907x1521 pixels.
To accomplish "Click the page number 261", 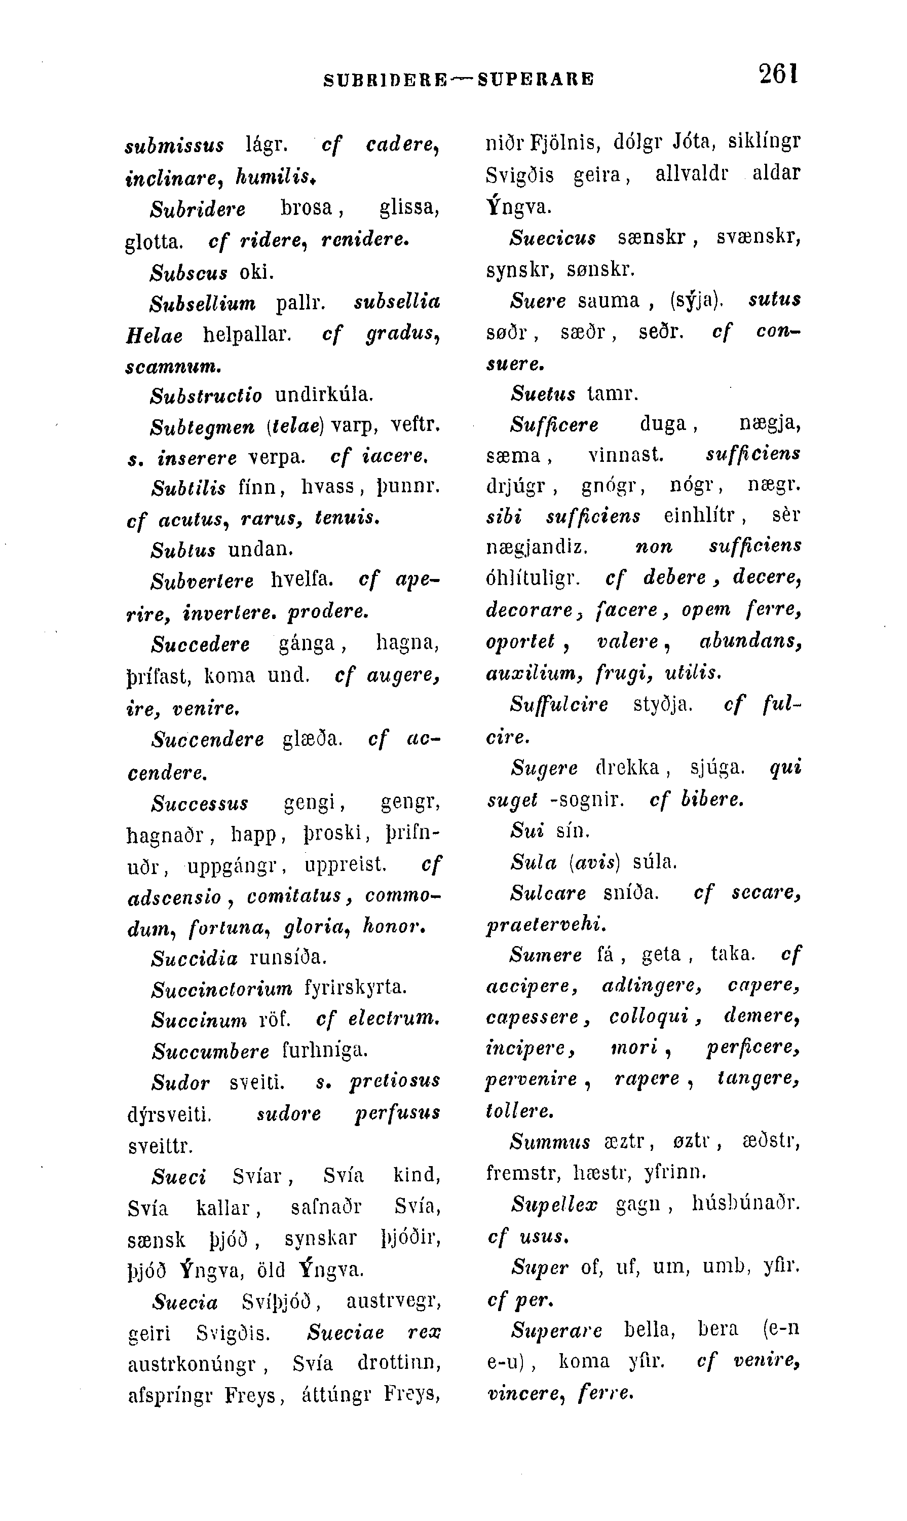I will (778, 74).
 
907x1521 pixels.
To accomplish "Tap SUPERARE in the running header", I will (536, 80).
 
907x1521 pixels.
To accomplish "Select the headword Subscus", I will (189, 272).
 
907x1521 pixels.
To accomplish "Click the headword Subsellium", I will (203, 303).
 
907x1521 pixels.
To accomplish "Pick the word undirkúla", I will (324, 394).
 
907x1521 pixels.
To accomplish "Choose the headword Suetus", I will (543, 393).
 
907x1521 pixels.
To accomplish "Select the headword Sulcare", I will (548, 893).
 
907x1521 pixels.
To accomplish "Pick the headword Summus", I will (550, 1142).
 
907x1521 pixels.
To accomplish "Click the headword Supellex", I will (554, 1204).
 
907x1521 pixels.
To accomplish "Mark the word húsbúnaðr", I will (746, 1204).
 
